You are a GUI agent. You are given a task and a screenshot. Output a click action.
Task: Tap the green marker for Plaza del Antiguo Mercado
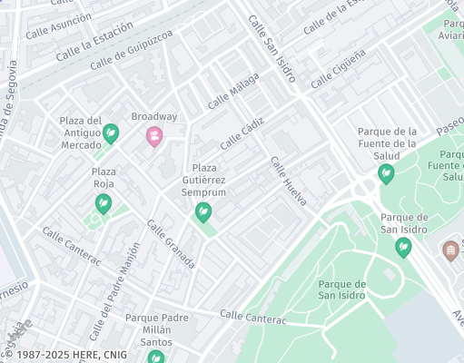(111, 133)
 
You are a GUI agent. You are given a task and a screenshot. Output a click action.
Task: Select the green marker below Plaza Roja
(104, 204)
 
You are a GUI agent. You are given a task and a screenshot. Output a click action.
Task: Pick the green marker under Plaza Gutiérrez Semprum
(203, 212)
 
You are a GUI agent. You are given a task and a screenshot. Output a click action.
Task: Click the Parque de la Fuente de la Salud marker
(386, 172)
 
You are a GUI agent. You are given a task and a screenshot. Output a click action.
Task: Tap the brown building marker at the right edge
(450, 250)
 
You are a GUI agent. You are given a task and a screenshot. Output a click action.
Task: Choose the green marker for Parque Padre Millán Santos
(156, 357)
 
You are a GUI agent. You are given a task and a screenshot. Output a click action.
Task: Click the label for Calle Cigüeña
(339, 70)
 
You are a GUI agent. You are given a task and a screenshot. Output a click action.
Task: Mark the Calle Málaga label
(233, 92)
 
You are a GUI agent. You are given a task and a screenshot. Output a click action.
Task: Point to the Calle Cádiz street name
(241, 132)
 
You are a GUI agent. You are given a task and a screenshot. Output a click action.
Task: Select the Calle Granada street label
(171, 245)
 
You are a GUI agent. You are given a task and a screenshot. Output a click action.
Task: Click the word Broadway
(154, 117)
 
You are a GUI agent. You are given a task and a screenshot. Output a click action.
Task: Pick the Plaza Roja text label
(104, 178)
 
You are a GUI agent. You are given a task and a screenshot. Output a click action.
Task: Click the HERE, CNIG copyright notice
(55, 354)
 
